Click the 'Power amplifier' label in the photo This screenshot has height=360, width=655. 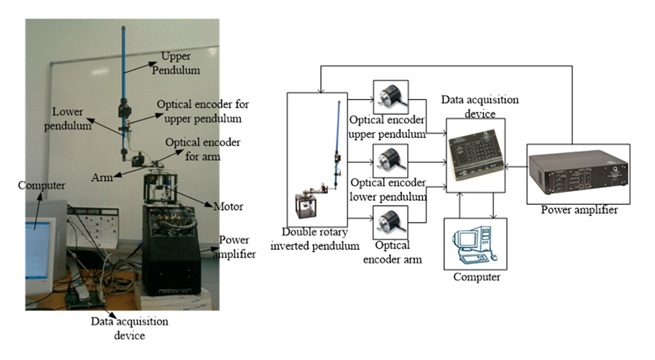coord(236,247)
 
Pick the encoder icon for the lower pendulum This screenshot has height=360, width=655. coord(390,159)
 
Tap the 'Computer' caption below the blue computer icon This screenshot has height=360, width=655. coord(476,277)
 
